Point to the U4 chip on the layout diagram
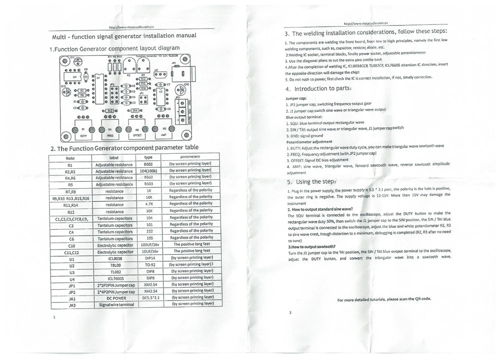[x=74, y=77]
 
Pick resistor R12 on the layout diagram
[x=110, y=111]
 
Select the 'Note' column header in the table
[x=70, y=157]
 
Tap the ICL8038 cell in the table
[x=114, y=259]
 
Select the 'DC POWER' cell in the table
[x=114, y=298]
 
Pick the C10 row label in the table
[x=70, y=245]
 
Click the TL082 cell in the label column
[x=114, y=272]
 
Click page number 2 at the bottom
[x=290, y=313]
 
